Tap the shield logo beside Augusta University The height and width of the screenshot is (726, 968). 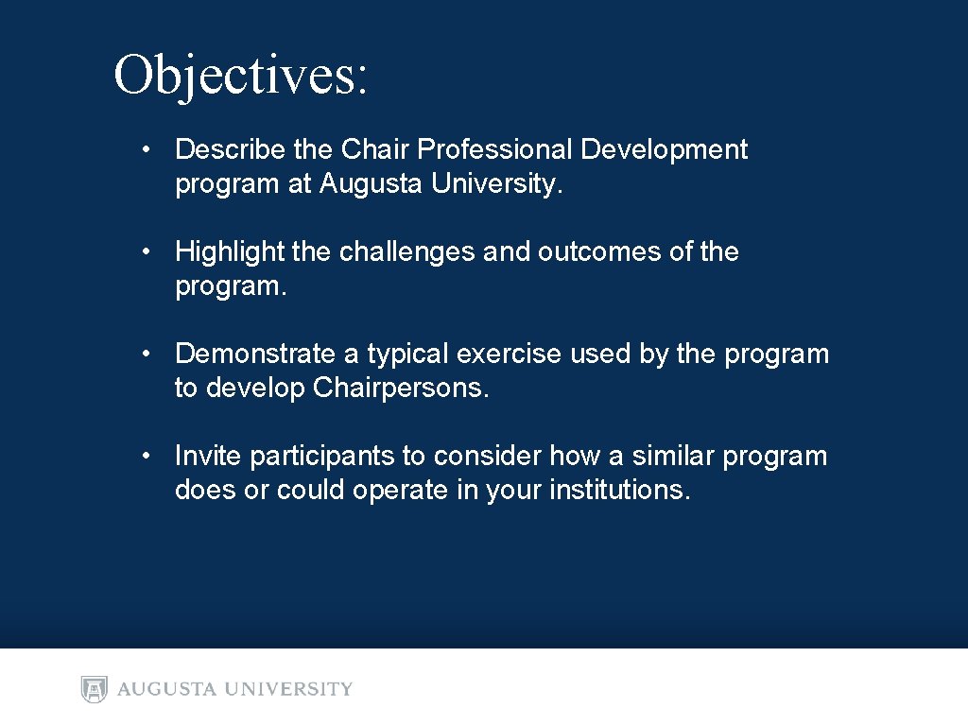coord(95,689)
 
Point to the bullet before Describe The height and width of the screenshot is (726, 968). coord(147,149)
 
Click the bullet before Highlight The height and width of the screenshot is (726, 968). coord(147,251)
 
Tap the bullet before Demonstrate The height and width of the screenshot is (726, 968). coord(147,354)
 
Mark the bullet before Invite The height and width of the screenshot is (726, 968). coord(147,456)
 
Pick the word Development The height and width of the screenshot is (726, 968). coord(664,149)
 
